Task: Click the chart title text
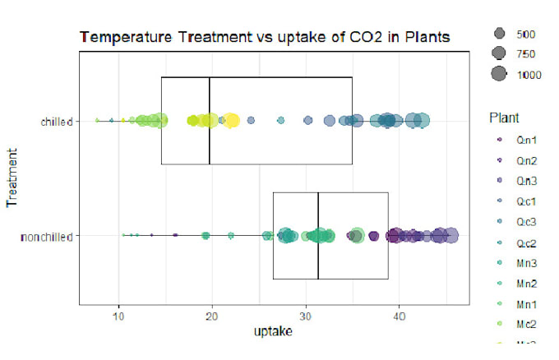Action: point(264,38)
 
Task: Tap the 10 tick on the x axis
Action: point(119,314)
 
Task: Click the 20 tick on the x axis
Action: point(213,314)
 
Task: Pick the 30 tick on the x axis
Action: point(307,314)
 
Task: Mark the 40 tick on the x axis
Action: point(400,314)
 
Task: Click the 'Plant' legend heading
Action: point(501,116)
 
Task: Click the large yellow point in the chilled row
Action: point(232,122)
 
